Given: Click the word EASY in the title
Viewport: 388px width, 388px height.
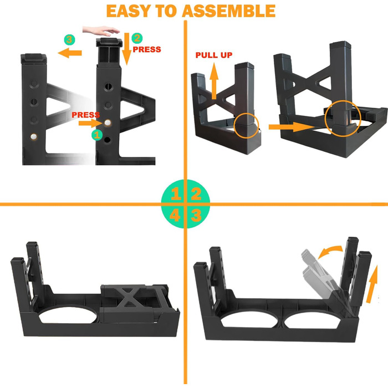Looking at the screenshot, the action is coord(129,11).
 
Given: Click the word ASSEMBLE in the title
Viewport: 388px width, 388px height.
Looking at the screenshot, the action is coord(228,11).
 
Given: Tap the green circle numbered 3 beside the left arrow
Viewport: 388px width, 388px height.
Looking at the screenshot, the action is coord(69,39).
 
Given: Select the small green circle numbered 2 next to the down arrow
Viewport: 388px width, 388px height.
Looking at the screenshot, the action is coord(137,38).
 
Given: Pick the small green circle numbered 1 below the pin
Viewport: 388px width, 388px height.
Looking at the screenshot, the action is coord(97,135).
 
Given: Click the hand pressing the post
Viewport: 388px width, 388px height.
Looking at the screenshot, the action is coord(101,30).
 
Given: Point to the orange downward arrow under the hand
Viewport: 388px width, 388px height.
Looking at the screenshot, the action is coord(127,49).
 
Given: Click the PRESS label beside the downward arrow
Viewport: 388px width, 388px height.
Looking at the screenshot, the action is coord(147,49).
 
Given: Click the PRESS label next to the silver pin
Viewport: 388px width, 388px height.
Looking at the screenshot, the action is coord(85,115).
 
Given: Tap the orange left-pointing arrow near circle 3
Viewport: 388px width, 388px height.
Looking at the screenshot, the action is coord(70,53).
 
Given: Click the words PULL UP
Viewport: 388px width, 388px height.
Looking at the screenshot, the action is coord(214,55).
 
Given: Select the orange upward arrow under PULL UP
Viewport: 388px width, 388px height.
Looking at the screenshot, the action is coord(214,81).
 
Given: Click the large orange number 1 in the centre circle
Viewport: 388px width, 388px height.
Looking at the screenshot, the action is coord(176,194).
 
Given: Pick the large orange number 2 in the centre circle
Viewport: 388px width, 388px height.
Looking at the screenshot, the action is coord(196,194).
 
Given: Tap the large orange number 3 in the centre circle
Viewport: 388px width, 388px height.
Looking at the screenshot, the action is coord(196,215).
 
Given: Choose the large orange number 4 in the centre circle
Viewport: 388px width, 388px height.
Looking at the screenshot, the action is coord(175,215).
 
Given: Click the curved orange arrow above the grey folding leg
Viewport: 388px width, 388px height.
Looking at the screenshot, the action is coord(330,251).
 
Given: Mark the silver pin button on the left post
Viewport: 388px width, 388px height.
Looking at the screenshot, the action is coord(33,136).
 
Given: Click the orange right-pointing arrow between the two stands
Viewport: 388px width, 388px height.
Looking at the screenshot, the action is coord(292,127).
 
